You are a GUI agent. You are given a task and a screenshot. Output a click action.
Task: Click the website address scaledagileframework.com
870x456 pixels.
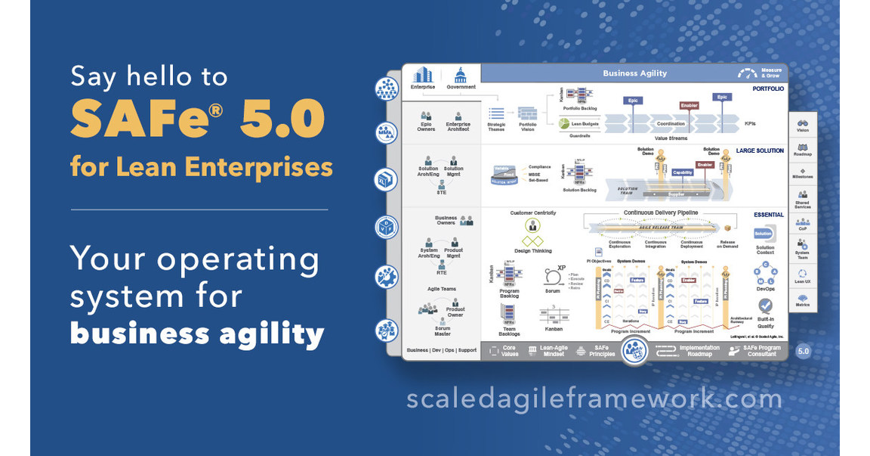click(x=594, y=398)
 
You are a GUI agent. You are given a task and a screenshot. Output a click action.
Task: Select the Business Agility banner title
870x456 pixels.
click(x=634, y=73)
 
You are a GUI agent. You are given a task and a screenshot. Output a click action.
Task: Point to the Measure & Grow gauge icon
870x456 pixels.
click(x=748, y=73)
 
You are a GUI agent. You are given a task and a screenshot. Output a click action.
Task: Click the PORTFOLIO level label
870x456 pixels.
click(x=768, y=88)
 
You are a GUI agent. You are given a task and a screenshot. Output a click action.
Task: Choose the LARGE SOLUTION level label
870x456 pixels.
click(x=760, y=151)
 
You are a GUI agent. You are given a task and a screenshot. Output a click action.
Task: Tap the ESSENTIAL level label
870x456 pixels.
click(x=768, y=215)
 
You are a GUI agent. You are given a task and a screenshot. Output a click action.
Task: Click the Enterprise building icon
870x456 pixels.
click(x=423, y=75)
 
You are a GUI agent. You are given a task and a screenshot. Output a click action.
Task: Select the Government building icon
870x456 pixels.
click(x=460, y=75)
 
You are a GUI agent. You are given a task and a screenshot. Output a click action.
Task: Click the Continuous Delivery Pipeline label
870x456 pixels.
click(x=661, y=212)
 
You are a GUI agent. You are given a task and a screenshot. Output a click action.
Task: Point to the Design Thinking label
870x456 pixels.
click(x=533, y=250)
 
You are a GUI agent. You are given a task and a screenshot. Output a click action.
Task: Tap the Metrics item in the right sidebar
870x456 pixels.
click(x=802, y=301)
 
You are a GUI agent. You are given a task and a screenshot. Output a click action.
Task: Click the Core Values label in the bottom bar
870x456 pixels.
click(x=510, y=351)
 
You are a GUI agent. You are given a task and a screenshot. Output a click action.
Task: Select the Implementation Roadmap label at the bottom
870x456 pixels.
click(x=698, y=351)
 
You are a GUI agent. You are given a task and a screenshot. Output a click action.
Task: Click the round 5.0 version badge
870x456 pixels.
click(x=803, y=351)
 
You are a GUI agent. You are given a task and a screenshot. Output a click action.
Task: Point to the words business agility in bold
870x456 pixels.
click(x=197, y=333)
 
